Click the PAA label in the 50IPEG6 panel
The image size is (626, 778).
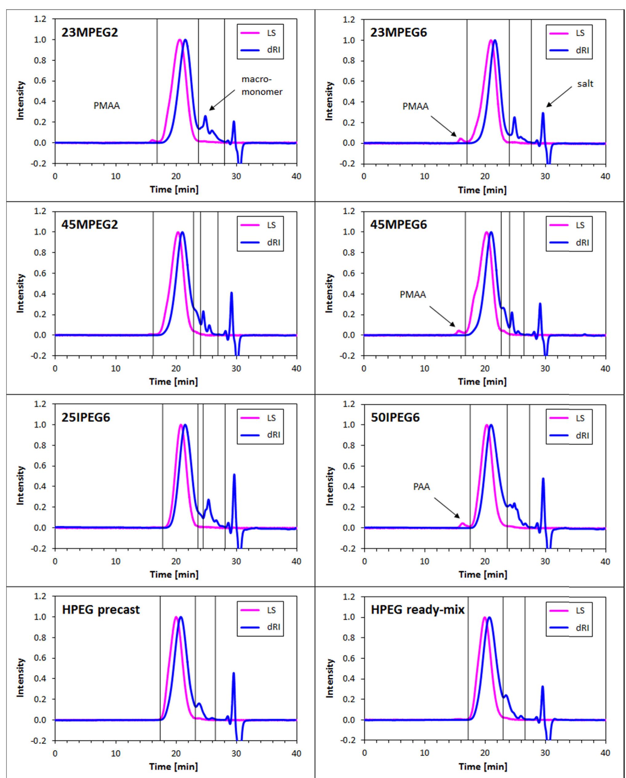click(421, 487)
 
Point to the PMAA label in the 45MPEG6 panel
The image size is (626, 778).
click(412, 295)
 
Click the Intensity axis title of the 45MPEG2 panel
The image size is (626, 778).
click(21, 293)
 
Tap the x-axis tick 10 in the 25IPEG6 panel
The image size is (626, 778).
click(115, 561)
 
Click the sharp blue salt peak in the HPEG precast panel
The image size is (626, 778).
click(234, 673)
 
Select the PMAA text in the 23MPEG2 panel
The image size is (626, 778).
click(106, 106)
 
